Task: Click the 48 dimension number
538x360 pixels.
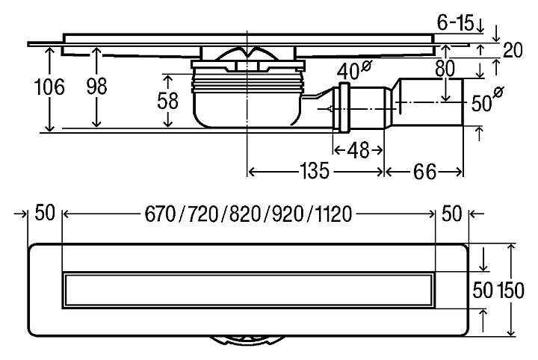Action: [x=359, y=149]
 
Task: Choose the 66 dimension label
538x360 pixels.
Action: [x=424, y=172]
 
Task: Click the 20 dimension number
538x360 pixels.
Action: [x=513, y=50]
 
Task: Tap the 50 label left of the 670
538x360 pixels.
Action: [x=45, y=214]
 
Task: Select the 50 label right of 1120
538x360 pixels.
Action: [x=452, y=214]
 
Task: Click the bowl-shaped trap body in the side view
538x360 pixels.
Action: [x=247, y=105]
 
